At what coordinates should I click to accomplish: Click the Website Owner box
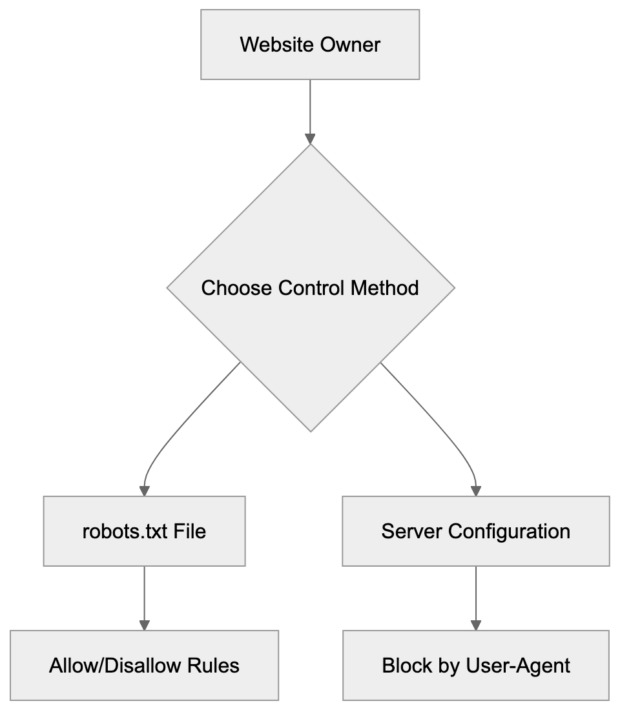click(310, 45)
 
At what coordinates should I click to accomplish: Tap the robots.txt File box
click(144, 531)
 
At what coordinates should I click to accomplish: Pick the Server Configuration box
click(475, 531)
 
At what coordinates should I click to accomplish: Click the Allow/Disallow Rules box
click(144, 665)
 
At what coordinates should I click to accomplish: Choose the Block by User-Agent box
click(475, 665)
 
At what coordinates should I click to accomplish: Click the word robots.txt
click(123, 531)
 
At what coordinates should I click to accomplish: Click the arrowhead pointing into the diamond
click(310, 139)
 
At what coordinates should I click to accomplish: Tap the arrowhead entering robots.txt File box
click(144, 490)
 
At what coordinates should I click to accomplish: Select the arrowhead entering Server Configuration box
click(476, 490)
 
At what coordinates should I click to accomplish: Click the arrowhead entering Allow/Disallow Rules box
click(144, 625)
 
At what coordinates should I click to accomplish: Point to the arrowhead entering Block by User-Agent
click(476, 625)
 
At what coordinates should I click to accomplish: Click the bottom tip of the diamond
click(310, 431)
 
